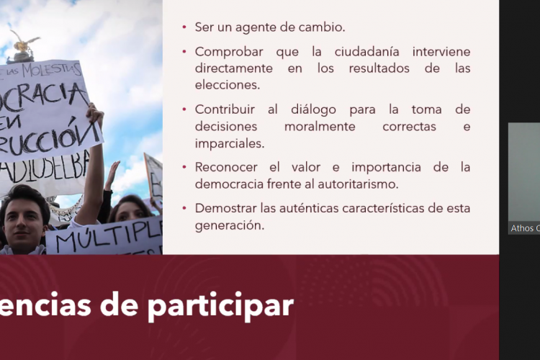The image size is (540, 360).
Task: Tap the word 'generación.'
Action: pos(229,225)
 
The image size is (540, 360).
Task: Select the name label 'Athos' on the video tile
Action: pos(521,228)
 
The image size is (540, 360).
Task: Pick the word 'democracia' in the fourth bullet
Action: pos(228,184)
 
